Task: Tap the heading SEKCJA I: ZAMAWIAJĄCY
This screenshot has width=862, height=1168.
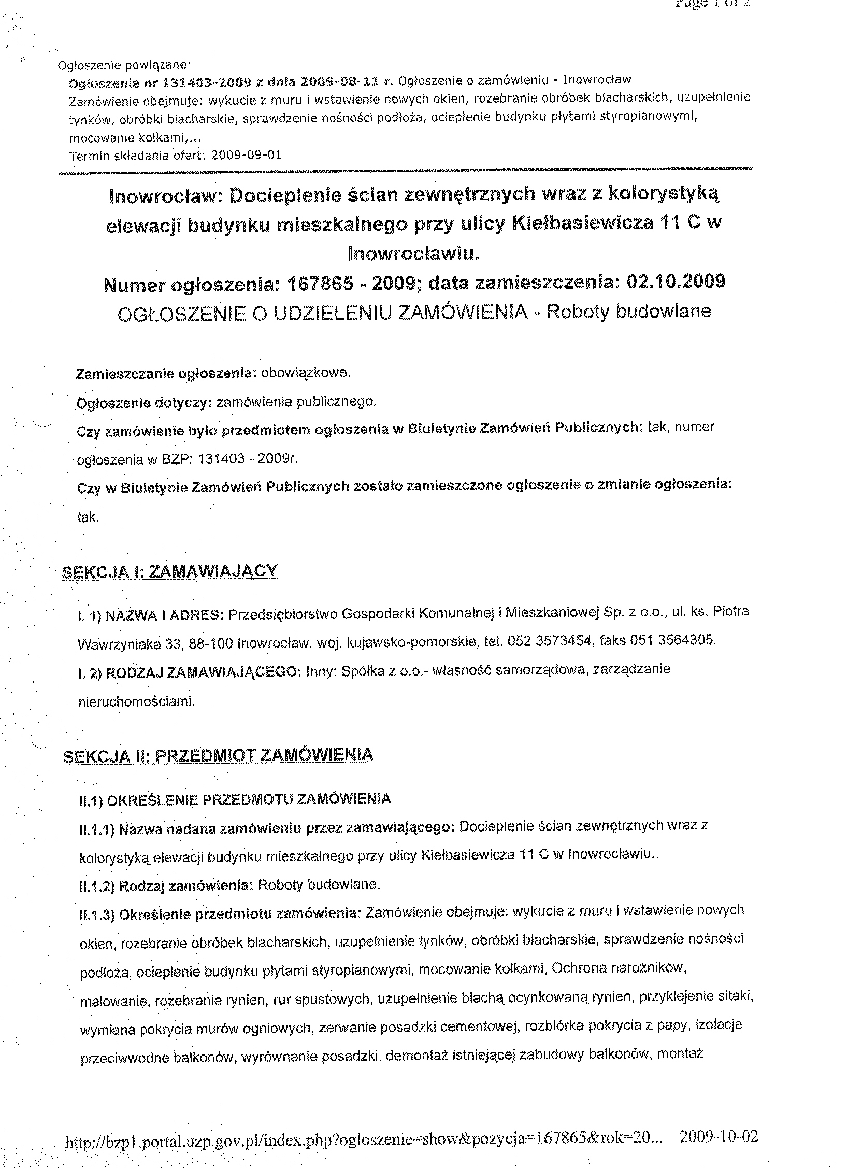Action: pos(169,572)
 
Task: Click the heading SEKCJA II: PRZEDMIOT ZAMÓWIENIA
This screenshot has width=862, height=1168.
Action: pos(218,755)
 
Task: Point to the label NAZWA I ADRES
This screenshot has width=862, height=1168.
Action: pos(164,615)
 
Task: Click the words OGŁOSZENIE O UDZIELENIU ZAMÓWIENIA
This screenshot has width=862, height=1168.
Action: pos(323,313)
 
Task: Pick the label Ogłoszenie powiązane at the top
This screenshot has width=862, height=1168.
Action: pos(125,65)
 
